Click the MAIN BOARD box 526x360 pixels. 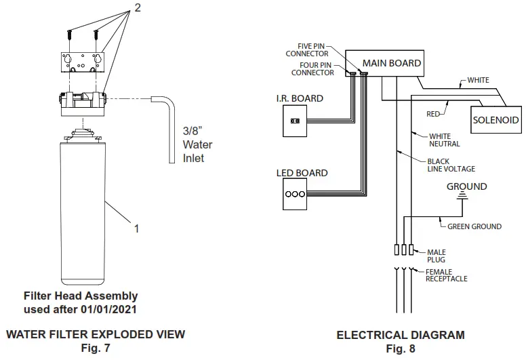pos(391,63)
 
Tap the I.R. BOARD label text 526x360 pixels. pos(300,98)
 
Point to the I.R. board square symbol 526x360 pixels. pos(295,121)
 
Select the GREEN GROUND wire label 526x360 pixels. pos(474,226)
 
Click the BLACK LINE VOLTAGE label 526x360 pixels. pos(451,165)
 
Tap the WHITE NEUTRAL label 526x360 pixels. pos(444,140)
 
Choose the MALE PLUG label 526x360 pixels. pos(437,256)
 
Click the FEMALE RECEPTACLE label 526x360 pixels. pos(446,275)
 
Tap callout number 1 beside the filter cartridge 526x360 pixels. pos(136,228)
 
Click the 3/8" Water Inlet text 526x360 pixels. pos(197,144)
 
